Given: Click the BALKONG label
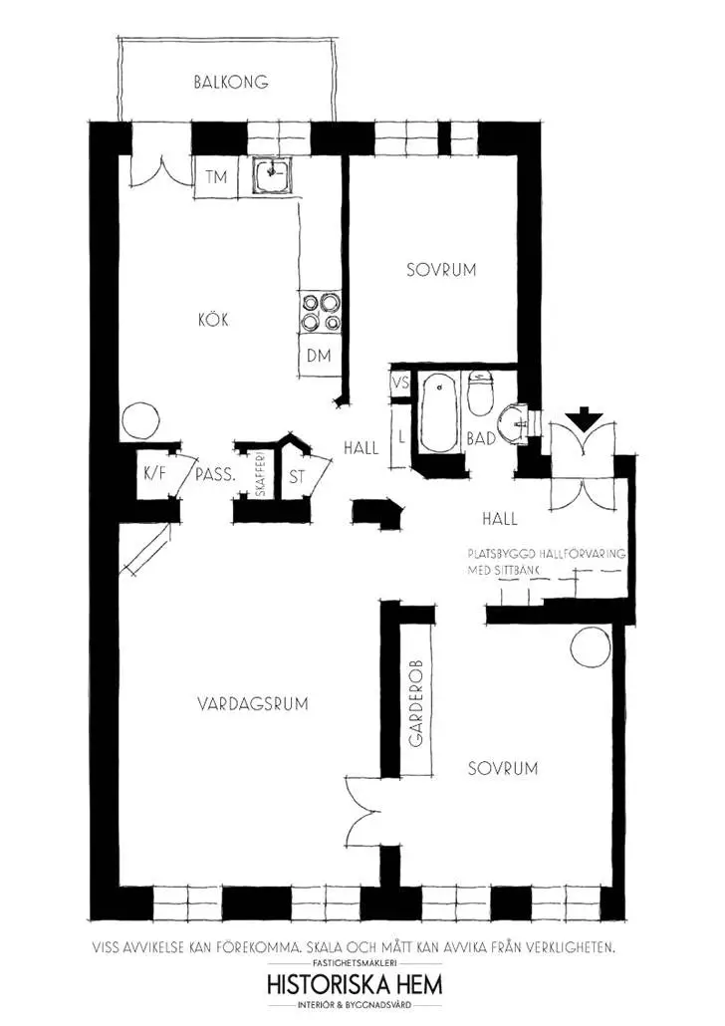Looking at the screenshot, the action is click(x=231, y=83).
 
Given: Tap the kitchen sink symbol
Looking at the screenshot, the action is click(x=272, y=174).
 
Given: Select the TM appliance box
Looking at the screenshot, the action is click(x=216, y=177).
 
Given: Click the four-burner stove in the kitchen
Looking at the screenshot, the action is click(x=321, y=312).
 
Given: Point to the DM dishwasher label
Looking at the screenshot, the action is click(x=319, y=356).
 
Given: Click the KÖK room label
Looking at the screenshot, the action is click(x=213, y=321).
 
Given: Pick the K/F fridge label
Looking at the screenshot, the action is click(x=155, y=473).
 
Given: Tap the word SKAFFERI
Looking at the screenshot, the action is click(x=260, y=475).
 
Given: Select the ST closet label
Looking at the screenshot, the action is click(x=297, y=476).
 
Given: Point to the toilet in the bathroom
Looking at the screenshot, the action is click(x=481, y=393).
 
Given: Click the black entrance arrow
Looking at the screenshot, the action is click(x=583, y=418).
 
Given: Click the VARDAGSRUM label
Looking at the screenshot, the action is click(x=253, y=704).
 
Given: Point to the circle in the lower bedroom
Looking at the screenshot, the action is click(x=591, y=647).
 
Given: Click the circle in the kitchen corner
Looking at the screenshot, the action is click(x=139, y=419).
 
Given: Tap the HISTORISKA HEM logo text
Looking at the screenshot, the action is click(x=355, y=984).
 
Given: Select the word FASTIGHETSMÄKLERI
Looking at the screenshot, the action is click(x=355, y=963).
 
